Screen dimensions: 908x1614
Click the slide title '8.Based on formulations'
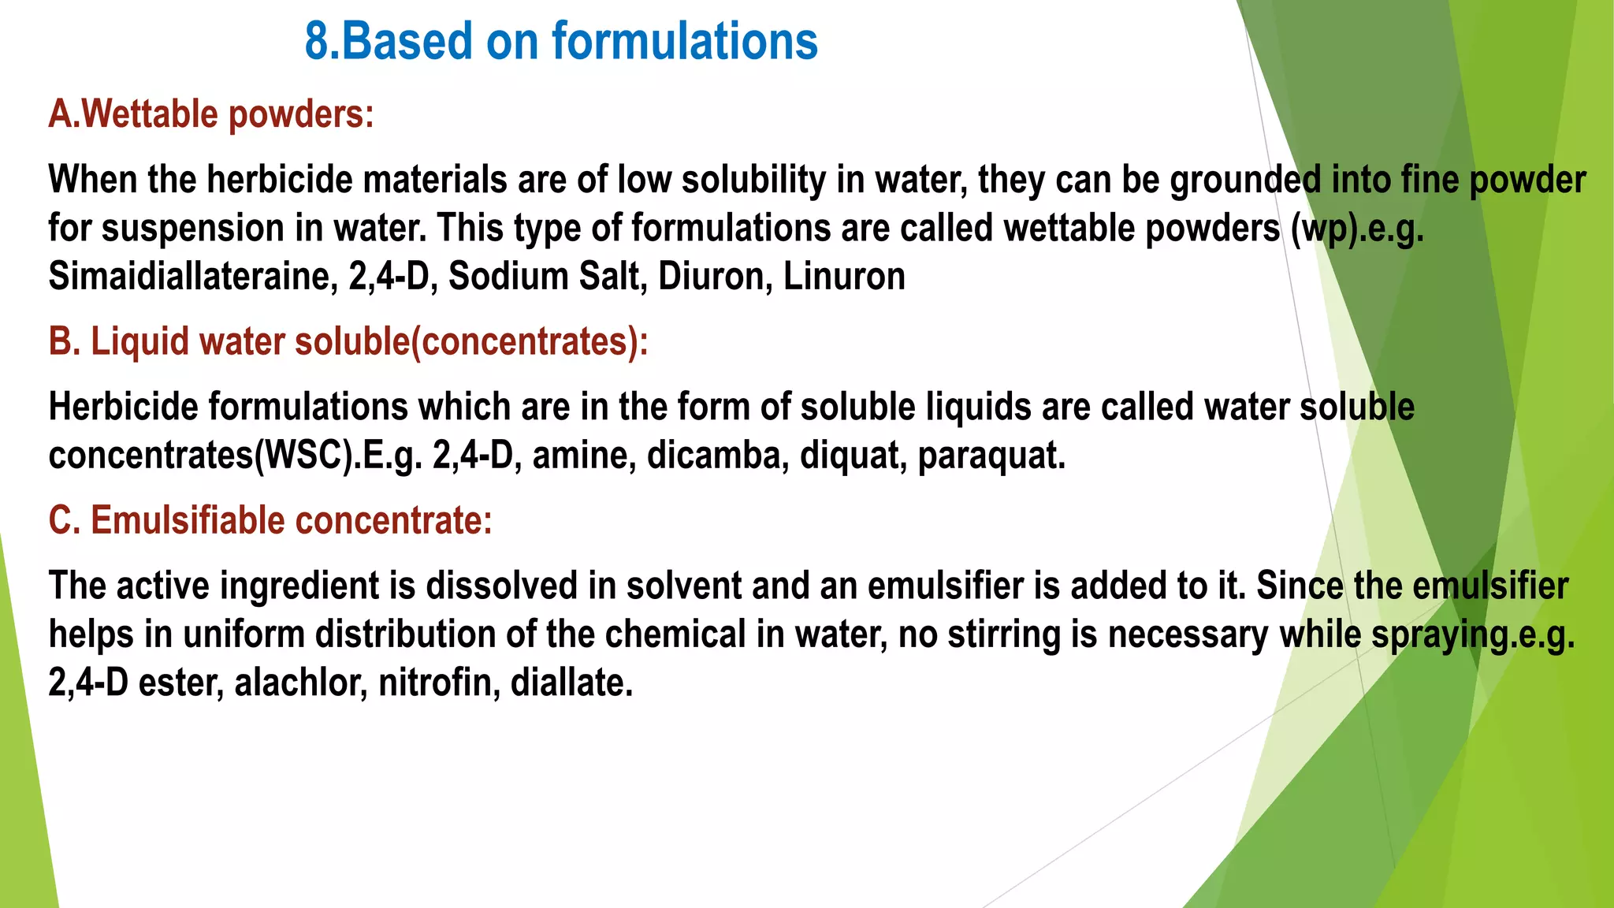pyautogui.click(x=561, y=42)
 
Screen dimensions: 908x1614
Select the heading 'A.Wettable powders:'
pyautogui.click(x=211, y=114)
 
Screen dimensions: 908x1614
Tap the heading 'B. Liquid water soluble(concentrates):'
pyautogui.click(x=348, y=342)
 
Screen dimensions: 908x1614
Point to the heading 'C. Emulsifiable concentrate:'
pyautogui.click(x=270, y=521)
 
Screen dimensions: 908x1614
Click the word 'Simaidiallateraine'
pyautogui.click(x=193, y=277)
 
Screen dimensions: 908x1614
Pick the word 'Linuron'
pyautogui.click(x=844, y=277)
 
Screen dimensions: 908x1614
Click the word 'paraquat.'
pyautogui.click(x=991, y=456)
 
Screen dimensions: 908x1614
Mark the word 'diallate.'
pyautogui.click(x=572, y=683)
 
